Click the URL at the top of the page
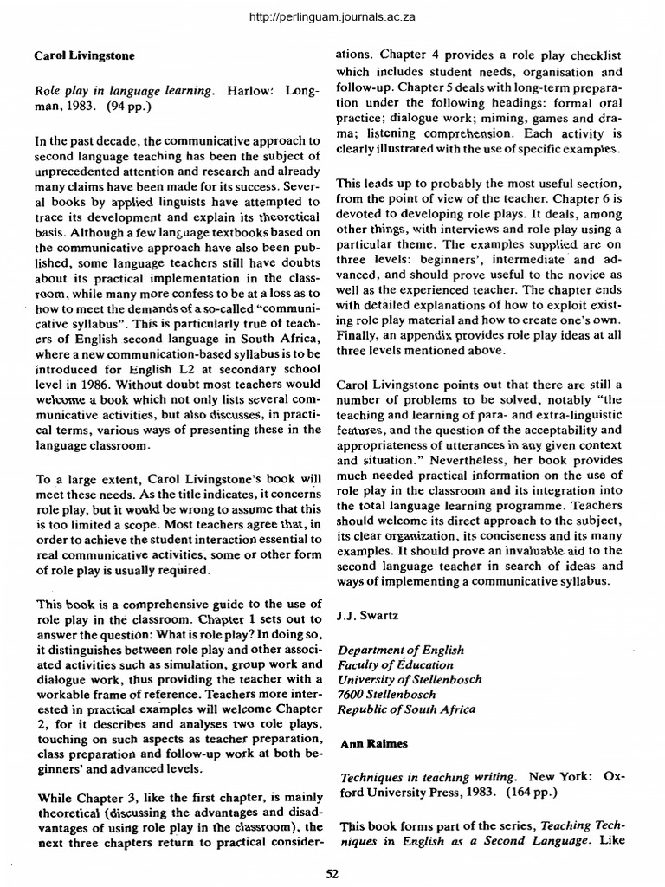332,16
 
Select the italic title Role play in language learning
123,90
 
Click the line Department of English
400,650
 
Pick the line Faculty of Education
395,664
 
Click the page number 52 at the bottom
331,873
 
